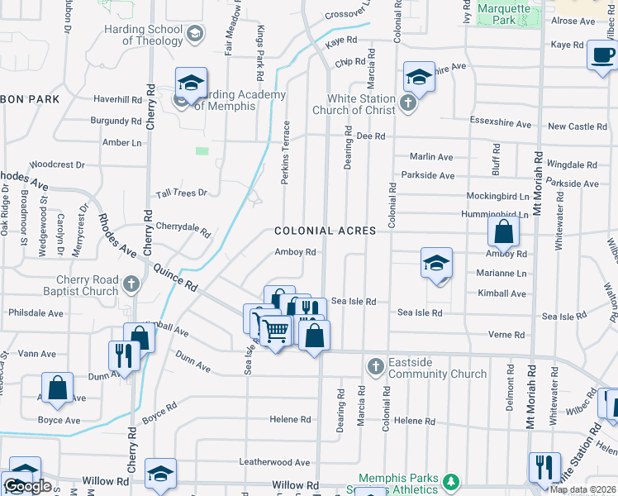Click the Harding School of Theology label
tap(153, 35)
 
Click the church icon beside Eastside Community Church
tap(375, 365)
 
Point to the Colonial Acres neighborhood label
tap(325, 231)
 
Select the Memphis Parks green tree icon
tap(450, 481)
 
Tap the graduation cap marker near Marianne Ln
tap(436, 264)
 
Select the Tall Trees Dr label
tap(182, 193)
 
